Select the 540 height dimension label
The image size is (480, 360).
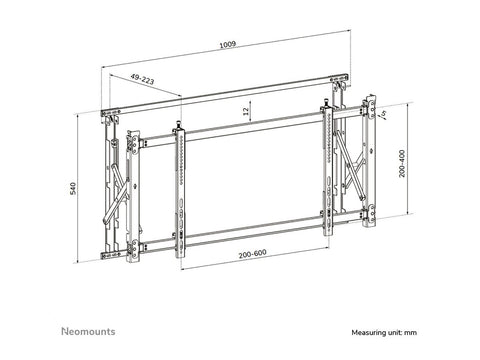pos(73,189)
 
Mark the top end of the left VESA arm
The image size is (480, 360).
pos(181,129)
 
